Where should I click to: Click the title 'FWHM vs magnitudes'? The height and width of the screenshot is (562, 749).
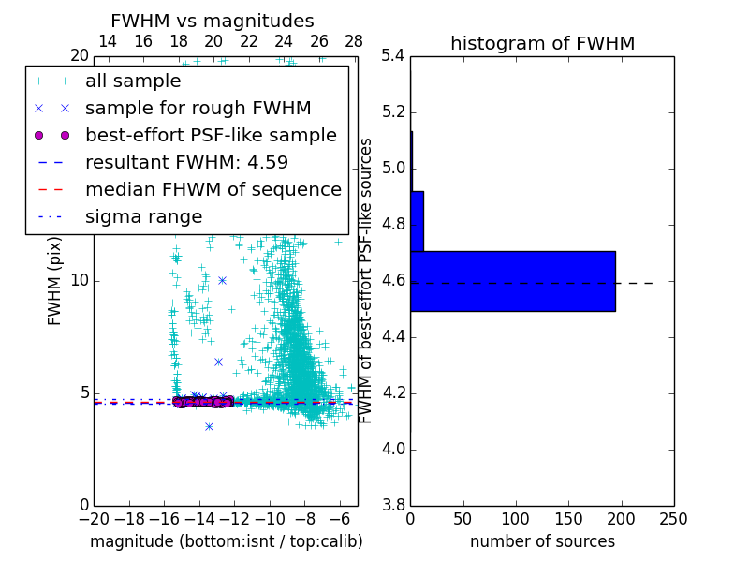coord(213,22)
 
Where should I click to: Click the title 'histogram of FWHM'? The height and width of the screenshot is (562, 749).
coord(542,43)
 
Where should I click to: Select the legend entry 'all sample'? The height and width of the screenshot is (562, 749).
coord(133,81)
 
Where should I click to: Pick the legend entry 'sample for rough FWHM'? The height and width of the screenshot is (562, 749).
coord(198,109)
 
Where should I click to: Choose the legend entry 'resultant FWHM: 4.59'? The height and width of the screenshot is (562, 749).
coord(186,163)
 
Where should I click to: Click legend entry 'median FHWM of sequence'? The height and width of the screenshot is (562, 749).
coord(213,190)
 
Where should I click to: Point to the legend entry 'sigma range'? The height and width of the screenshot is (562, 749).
coord(143,217)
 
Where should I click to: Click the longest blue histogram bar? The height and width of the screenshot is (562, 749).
coord(512,281)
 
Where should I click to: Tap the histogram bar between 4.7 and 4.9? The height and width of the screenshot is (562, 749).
coord(417,221)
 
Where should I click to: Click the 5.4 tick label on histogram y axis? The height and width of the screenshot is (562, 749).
coord(392,56)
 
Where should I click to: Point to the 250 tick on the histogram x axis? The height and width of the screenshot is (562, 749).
coord(673,518)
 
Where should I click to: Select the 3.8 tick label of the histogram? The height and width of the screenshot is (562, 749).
coord(392,505)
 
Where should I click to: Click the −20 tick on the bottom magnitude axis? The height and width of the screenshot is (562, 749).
coord(94,518)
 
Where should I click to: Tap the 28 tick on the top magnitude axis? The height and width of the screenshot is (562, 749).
coord(354,41)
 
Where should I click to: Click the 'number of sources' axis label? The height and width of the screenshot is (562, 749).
coord(542,541)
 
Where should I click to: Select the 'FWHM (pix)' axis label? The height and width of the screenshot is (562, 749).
coord(55,280)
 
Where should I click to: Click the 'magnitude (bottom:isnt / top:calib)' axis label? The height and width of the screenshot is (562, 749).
coord(226,541)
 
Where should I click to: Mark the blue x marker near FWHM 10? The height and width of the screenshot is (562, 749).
coord(222,280)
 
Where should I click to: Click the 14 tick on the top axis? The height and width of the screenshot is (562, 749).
coord(108,41)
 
